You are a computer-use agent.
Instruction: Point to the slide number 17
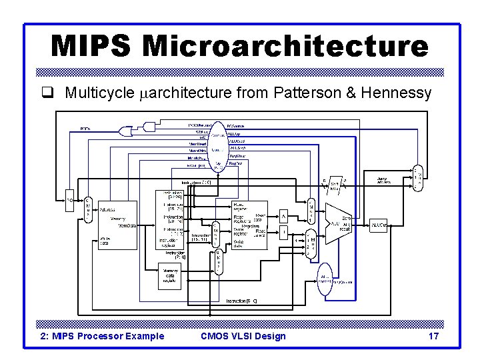pyautogui.click(x=433, y=336)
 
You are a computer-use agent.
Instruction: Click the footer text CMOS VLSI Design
pyautogui.click(x=243, y=336)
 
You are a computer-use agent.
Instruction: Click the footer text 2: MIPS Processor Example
pyautogui.click(x=103, y=336)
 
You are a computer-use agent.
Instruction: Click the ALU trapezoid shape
pyautogui.click(x=337, y=225)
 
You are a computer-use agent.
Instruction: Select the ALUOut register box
pyautogui.click(x=379, y=225)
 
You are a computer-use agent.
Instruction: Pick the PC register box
pyautogui.click(x=69, y=198)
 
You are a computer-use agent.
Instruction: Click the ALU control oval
pyautogui.click(x=325, y=278)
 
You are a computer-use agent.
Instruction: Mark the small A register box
pyautogui.click(x=283, y=217)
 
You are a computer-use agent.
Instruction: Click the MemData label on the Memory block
pyautogui.click(x=128, y=226)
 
